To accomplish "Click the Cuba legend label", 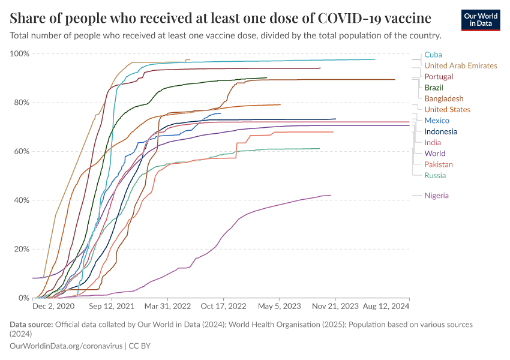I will pos(433,55).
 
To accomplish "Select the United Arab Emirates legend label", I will pos(460,65).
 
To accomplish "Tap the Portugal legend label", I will pos(438,77).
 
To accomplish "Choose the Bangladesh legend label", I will pos(443,98).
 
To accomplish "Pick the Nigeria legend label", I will pos(436,195).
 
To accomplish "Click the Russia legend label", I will pos(435,175).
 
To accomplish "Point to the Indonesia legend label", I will pos(440,131).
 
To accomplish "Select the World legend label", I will pos(434,154).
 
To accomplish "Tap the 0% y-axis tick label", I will pos(23,298).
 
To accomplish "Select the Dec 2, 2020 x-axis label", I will pos(53,306).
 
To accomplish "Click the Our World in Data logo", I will pos(481,20).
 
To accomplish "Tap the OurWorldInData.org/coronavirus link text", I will pos(66,346).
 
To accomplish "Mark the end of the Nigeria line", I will pos(331,195).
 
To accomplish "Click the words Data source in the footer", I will pos(31,325).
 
